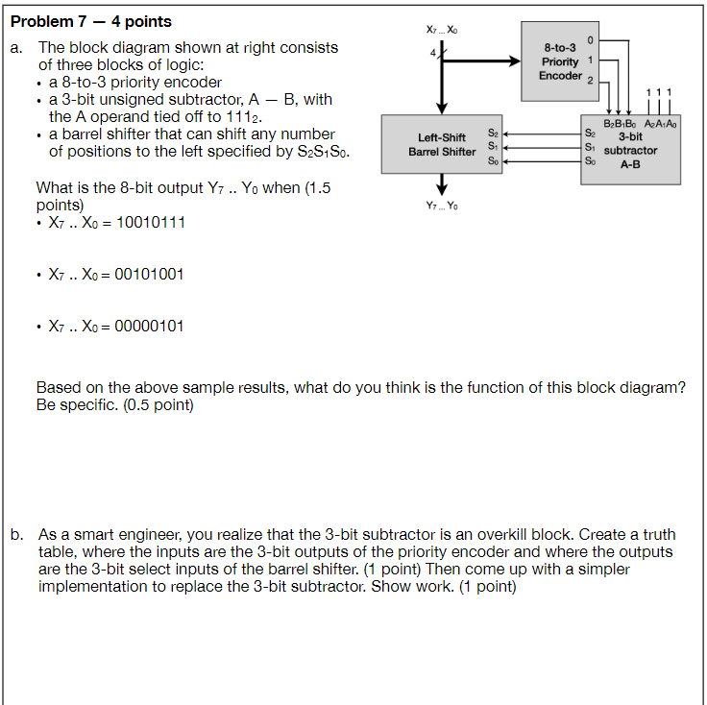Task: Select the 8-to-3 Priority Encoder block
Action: (x=559, y=61)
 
